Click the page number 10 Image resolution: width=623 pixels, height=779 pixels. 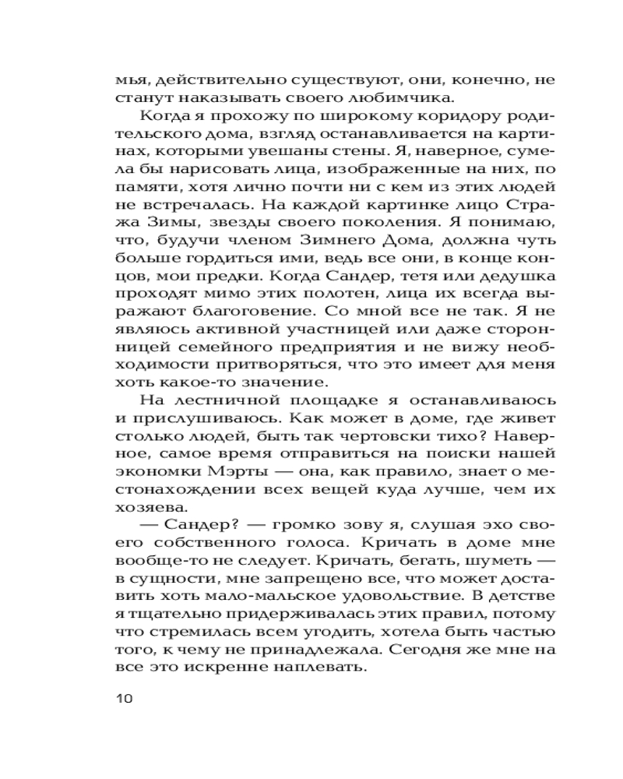(x=124, y=697)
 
